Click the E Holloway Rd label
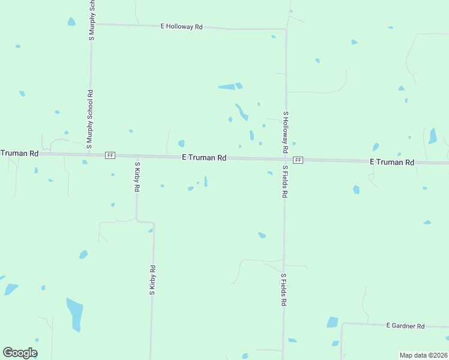coord(182,27)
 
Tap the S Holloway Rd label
coord(286,131)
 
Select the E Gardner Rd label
coord(405,326)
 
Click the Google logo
coord(20,353)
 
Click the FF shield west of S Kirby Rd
coord(110,155)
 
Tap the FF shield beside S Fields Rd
coord(298,160)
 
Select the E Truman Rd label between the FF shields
coord(204,158)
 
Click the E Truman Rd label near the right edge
coord(392,162)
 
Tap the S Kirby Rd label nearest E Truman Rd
coord(137,176)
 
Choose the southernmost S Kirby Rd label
coord(152,280)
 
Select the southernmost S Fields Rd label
coord(283,290)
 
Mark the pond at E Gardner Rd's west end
coord(333,322)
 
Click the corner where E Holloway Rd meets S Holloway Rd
coord(285,29)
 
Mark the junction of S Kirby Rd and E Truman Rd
coord(137,156)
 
